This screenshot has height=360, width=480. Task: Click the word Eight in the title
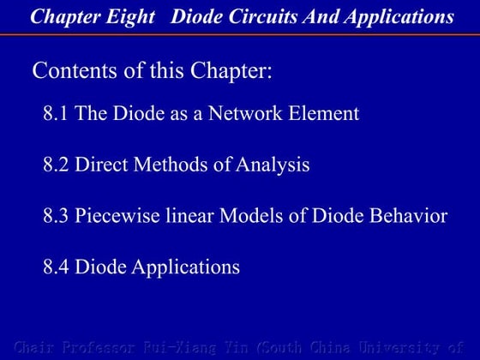(130, 16)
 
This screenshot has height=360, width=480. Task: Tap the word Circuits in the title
(249, 16)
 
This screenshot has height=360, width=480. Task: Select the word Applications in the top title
(394, 16)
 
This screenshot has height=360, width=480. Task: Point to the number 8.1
(57, 113)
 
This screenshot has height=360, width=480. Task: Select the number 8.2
(57, 165)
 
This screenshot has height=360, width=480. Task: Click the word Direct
(100, 165)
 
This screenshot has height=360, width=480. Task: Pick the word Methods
(167, 165)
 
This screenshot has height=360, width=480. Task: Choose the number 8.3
(57, 215)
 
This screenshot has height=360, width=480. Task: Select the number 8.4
(57, 267)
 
